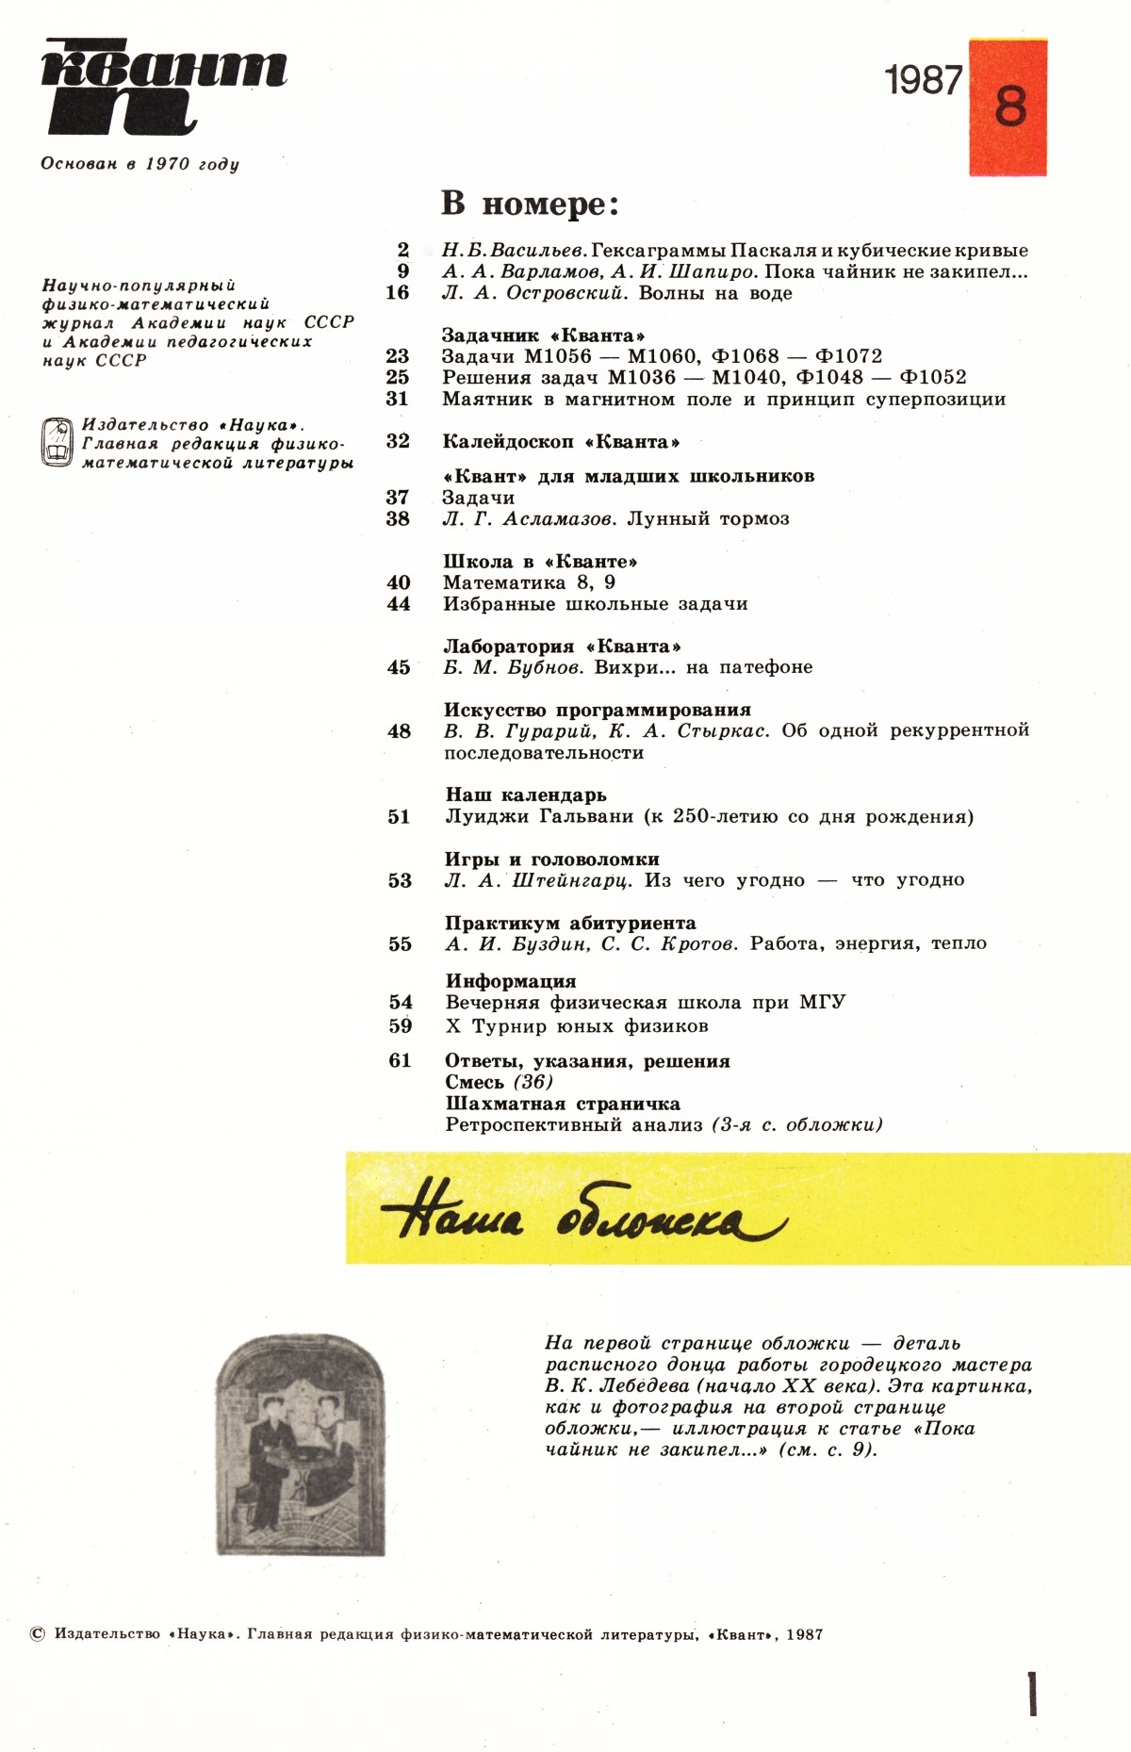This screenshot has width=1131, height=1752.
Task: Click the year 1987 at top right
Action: click(924, 81)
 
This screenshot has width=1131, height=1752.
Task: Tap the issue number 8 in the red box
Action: click(1009, 106)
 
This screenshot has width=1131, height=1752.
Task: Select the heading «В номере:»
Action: click(530, 204)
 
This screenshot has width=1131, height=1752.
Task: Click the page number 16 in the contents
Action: click(397, 293)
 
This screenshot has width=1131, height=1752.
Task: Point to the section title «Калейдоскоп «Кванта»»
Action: click(561, 442)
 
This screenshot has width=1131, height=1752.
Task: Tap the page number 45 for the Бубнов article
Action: click(399, 667)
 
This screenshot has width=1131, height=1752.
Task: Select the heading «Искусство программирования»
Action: click(598, 710)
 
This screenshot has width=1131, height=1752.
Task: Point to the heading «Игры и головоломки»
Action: click(551, 860)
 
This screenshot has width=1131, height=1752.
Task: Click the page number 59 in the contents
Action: click(401, 1026)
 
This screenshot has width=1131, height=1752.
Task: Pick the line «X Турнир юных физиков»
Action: click(577, 1026)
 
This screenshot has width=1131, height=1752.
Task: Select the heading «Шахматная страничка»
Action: click(563, 1104)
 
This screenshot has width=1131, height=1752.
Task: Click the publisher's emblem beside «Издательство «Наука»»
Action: click(57, 443)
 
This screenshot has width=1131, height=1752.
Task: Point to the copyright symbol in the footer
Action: click(38, 1634)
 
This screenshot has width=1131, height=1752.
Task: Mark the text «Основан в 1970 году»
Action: click(139, 164)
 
